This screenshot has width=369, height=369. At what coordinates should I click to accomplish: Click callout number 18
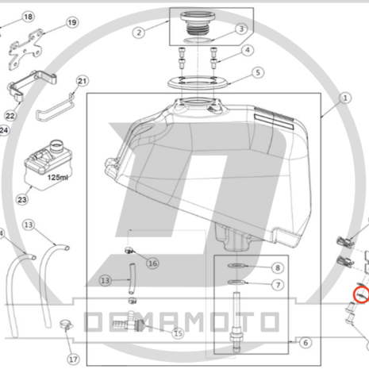(28, 17)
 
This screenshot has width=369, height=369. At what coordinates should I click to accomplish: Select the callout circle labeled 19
(72, 22)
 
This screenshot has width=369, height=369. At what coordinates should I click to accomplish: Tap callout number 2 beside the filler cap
(139, 33)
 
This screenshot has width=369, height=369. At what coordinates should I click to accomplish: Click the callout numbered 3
(241, 29)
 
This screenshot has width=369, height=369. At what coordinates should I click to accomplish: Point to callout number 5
(258, 72)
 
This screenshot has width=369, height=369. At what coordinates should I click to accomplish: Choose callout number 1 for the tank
(345, 98)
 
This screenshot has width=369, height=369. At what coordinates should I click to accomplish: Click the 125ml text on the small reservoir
(58, 177)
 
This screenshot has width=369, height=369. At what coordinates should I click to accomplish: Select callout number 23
(22, 199)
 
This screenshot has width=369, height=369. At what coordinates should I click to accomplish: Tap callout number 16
(152, 263)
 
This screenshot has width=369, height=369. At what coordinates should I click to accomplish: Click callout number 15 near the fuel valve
(178, 333)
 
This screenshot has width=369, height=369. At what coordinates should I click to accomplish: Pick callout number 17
(73, 359)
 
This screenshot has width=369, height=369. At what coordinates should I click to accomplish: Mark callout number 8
(278, 268)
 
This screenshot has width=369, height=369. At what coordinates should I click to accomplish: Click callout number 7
(278, 285)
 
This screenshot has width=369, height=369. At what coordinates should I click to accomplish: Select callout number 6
(306, 343)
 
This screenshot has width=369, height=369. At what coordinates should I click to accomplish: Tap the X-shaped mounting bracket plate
(25, 49)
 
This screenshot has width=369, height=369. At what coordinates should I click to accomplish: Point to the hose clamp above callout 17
(66, 325)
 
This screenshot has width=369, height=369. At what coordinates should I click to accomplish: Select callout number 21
(82, 81)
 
